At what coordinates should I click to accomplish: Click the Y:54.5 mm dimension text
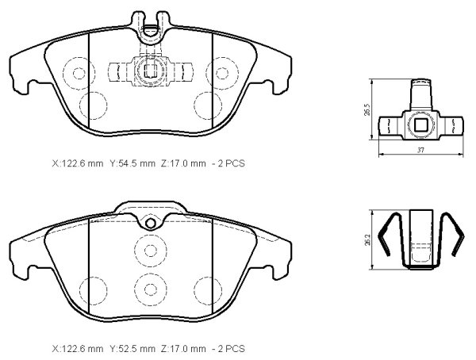point(132,163)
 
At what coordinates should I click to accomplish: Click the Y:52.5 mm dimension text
point(132,349)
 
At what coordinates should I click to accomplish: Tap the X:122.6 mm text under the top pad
point(78,163)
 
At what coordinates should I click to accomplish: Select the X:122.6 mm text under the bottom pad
point(78,349)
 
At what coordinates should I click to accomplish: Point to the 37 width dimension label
point(420,150)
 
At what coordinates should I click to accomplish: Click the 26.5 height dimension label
point(367,109)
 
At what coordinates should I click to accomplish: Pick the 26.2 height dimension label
point(367,239)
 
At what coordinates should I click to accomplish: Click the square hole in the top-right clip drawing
point(420,124)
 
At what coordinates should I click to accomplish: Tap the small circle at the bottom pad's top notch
point(150,224)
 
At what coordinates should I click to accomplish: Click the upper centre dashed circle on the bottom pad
point(151,251)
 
